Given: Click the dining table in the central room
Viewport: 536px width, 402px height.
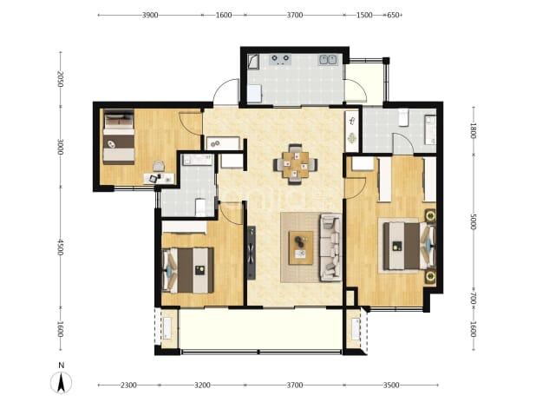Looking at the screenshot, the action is click(x=296, y=165).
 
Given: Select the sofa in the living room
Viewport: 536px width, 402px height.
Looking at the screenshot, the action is click(x=331, y=247).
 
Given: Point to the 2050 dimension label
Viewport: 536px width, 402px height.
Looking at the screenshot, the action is click(x=61, y=79).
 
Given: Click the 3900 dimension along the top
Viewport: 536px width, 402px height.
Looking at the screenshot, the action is click(x=150, y=15).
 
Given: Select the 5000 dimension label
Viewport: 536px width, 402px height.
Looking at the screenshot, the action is click(x=474, y=221).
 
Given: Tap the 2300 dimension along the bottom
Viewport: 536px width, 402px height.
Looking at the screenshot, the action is click(x=128, y=386).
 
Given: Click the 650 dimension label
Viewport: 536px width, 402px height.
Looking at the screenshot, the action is click(x=394, y=15).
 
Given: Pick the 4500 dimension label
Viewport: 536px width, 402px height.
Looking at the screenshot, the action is click(x=61, y=247).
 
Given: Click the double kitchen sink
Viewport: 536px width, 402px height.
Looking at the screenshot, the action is click(x=328, y=60).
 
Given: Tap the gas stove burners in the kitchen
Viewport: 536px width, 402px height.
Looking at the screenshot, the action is click(x=280, y=60).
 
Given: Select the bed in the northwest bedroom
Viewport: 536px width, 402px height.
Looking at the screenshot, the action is click(x=119, y=136).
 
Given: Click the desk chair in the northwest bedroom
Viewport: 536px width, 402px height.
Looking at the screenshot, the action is click(x=158, y=166).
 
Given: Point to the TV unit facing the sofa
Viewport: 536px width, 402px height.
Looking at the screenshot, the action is click(x=252, y=253).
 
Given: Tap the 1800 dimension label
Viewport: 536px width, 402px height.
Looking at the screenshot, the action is click(x=474, y=130).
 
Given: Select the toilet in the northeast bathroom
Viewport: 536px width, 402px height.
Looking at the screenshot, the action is click(x=403, y=117).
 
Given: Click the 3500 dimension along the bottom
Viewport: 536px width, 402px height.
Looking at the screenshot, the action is click(x=391, y=386).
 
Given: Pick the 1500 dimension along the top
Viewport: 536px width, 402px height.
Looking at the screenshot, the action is click(x=364, y=15).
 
